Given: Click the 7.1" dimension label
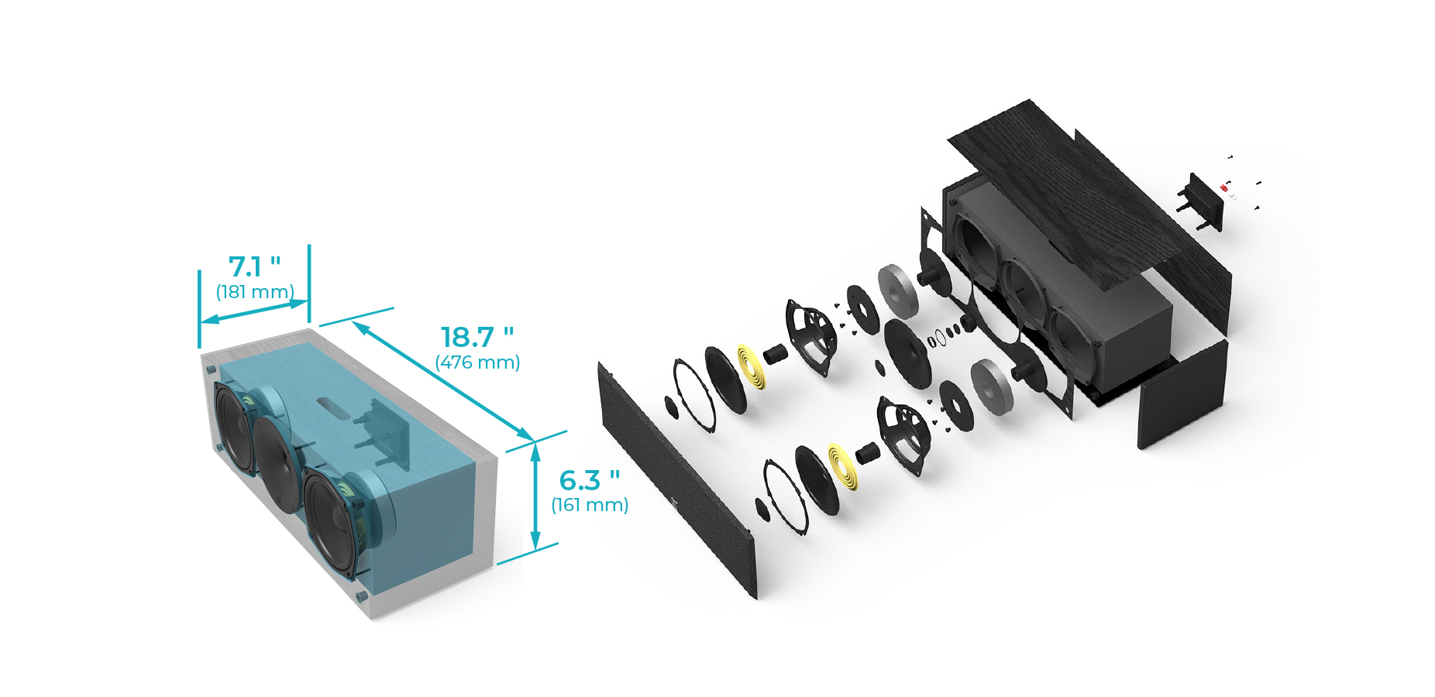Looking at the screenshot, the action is [254, 267].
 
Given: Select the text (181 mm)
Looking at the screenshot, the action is [255, 292].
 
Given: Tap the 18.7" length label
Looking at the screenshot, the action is [477, 337].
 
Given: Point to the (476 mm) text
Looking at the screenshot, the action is [477, 362].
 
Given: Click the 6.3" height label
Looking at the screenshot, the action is [589, 480].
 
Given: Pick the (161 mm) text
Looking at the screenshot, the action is [590, 505].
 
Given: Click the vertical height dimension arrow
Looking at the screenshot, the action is [535, 496].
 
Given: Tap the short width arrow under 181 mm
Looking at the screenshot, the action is [254, 311].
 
